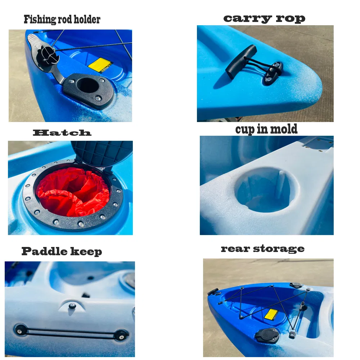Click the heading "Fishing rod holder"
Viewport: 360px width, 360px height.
tap(62, 19)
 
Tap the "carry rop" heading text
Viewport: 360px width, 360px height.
tap(264, 18)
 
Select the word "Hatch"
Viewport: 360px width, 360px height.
tap(62, 133)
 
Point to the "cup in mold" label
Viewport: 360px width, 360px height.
tap(266, 129)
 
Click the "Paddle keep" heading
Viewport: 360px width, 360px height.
tap(62, 251)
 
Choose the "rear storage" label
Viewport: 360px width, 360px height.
tap(262, 248)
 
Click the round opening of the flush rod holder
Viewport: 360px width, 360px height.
tap(88, 85)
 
